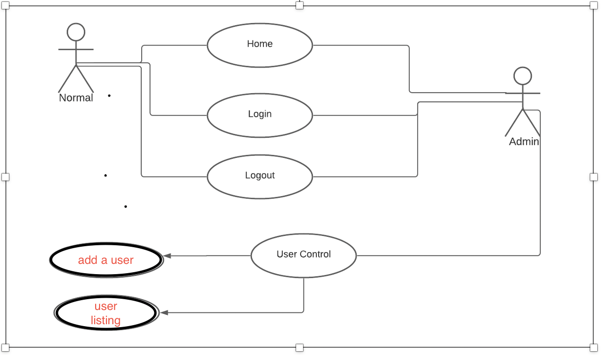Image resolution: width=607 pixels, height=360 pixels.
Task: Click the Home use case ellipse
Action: tap(260, 45)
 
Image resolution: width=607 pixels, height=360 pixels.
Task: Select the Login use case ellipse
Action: tap(260, 115)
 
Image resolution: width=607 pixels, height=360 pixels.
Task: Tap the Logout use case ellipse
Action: tap(260, 177)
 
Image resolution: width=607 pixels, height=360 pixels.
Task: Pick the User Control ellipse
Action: tap(303, 256)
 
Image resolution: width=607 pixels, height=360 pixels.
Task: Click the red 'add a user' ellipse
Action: tap(106, 260)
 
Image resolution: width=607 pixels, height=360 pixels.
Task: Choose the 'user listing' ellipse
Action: tap(106, 313)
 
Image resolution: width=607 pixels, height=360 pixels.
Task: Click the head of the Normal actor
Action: tap(76, 32)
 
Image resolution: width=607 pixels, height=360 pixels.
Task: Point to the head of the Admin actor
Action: tap(523, 76)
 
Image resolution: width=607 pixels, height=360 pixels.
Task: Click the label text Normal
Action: tap(76, 98)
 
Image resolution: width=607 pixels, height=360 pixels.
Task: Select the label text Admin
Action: tap(524, 142)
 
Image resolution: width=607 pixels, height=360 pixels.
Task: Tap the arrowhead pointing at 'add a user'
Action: tap(167, 256)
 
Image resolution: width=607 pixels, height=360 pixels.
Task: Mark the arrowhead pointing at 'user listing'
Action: tap(165, 312)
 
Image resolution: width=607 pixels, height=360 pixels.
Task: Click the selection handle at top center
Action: tap(300, 5)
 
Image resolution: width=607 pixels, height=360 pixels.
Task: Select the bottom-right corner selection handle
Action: tap(593, 348)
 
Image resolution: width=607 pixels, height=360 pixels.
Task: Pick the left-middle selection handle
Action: tap(5, 177)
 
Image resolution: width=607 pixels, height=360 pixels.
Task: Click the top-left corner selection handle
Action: tap(5, 5)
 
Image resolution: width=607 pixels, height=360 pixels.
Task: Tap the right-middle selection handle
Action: tap(593, 177)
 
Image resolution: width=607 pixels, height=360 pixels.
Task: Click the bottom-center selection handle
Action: tap(300, 348)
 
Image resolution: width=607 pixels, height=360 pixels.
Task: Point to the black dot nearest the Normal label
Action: tap(109, 96)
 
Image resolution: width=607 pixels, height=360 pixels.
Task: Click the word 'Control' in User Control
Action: tap(315, 254)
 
